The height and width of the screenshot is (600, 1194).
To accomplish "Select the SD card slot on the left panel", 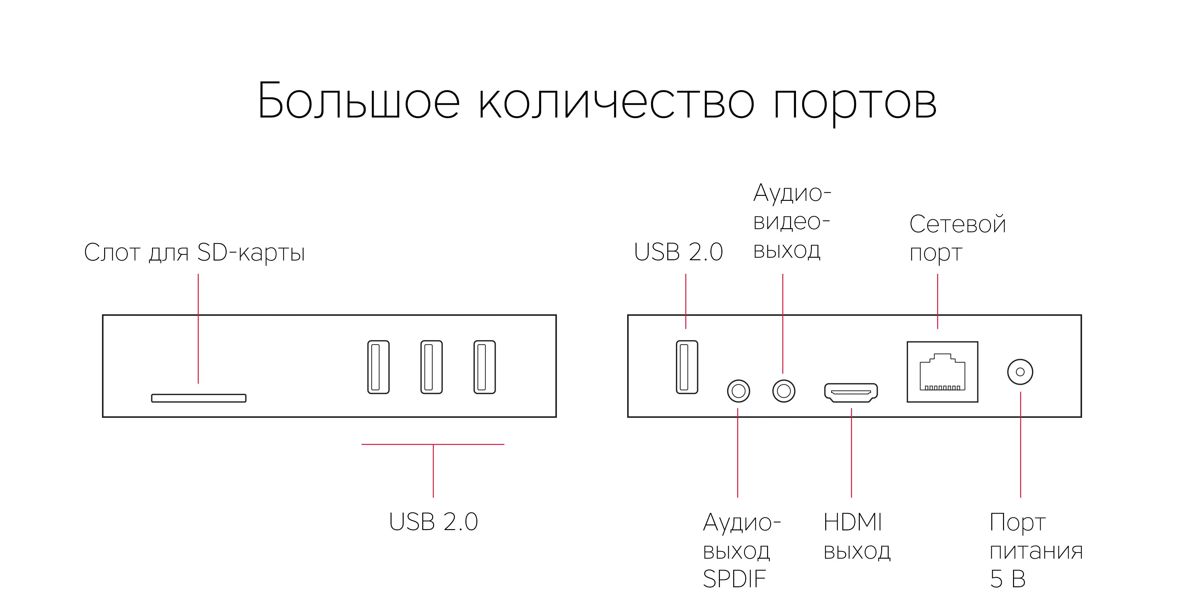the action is (x=198, y=398).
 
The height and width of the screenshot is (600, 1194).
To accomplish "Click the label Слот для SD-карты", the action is (x=194, y=253).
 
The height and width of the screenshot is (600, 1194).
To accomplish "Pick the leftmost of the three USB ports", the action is (x=378, y=367).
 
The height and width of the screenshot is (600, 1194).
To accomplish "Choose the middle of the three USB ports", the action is (x=431, y=367).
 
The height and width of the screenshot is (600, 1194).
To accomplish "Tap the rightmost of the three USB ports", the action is (x=484, y=367).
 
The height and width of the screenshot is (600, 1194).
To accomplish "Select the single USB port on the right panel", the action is (x=687, y=367).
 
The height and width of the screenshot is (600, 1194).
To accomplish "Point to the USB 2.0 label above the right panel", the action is (x=678, y=252).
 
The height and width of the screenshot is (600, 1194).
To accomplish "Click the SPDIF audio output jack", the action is (x=738, y=391).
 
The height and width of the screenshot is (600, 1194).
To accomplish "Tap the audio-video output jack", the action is (x=783, y=391).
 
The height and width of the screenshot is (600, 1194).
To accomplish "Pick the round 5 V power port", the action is (x=1020, y=372).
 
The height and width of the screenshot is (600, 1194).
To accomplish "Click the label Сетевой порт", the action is (x=957, y=238).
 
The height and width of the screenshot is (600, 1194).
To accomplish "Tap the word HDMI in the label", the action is (x=852, y=523).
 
